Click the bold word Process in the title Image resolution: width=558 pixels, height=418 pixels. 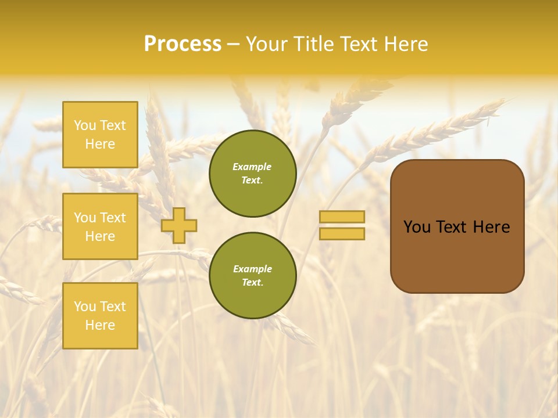pyautogui.click(x=183, y=44)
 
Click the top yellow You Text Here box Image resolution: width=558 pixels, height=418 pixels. pyautogui.click(x=100, y=135)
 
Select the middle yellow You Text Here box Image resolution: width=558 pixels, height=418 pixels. pyautogui.click(x=100, y=226)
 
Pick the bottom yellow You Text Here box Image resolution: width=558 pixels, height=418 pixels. pyautogui.click(x=100, y=316)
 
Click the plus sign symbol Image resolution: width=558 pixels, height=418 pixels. pyautogui.click(x=179, y=225)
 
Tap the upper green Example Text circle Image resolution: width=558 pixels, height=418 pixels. pyautogui.click(x=253, y=174)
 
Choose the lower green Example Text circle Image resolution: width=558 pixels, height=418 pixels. pyautogui.click(x=253, y=276)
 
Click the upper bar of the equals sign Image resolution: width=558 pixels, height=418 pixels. pyautogui.click(x=342, y=217)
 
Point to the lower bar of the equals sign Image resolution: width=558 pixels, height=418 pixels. pyautogui.click(x=342, y=233)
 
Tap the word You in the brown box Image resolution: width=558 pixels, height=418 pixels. pyautogui.click(x=417, y=227)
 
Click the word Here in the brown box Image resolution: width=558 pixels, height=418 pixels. pyautogui.click(x=491, y=227)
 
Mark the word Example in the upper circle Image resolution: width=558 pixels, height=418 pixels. pyautogui.click(x=252, y=167)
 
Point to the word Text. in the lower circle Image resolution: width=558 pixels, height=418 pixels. pyautogui.click(x=253, y=283)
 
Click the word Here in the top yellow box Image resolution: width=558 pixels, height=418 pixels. pyautogui.click(x=100, y=144)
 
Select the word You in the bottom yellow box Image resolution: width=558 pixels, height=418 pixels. pyautogui.click(x=85, y=307)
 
